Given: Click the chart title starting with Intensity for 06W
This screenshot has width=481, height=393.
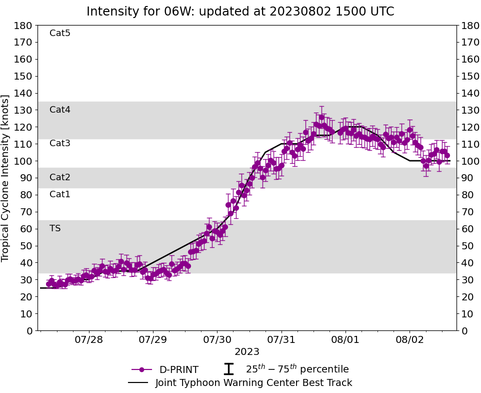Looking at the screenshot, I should [x=240, y=12].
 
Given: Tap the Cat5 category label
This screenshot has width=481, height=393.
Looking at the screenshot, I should [x=60, y=34].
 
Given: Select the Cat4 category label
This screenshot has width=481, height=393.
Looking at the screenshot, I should [x=60, y=110].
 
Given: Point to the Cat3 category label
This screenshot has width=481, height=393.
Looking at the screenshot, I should [x=60, y=144].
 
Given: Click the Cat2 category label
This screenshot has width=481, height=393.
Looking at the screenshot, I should [x=60, y=177].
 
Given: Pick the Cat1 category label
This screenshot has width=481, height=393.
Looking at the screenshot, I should [x=60, y=194].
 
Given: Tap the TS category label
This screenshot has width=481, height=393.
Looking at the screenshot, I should [x=55, y=228].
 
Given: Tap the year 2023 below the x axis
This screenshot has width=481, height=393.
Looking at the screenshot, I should [x=247, y=351].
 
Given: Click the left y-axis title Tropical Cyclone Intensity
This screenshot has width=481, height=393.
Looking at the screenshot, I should [x=6, y=178].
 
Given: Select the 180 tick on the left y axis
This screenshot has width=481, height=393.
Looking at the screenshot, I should [x=23, y=26].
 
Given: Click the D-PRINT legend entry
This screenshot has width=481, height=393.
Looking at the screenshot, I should [x=178, y=370].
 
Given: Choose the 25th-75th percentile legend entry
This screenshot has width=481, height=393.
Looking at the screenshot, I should [x=297, y=369].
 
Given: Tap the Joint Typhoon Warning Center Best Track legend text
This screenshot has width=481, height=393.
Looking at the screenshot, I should [x=253, y=383].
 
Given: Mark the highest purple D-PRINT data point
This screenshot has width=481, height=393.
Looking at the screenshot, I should [x=321, y=118].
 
